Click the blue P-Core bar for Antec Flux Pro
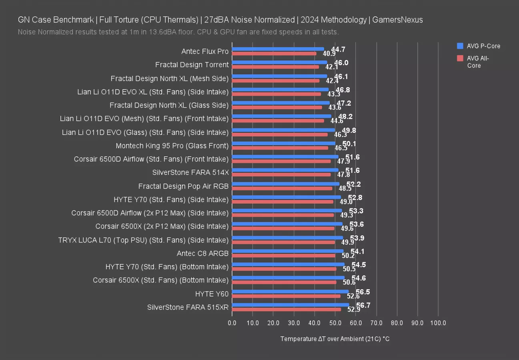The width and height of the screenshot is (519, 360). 278,49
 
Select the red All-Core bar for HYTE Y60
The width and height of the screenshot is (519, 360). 286,296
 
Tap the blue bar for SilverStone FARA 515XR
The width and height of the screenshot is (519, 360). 291,305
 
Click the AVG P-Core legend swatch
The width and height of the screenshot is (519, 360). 460,46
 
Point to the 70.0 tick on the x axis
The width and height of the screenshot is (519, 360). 377,323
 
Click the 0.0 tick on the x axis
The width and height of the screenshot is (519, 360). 232,323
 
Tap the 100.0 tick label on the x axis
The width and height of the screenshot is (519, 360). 438,323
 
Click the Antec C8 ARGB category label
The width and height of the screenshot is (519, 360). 202,253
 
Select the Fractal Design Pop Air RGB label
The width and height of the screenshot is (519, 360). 183,186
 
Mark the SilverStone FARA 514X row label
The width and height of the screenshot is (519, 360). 190,172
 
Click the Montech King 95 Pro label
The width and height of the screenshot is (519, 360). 172,146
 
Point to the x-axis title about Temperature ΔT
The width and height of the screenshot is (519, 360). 335,339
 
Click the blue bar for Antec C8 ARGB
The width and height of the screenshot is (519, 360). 288,251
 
